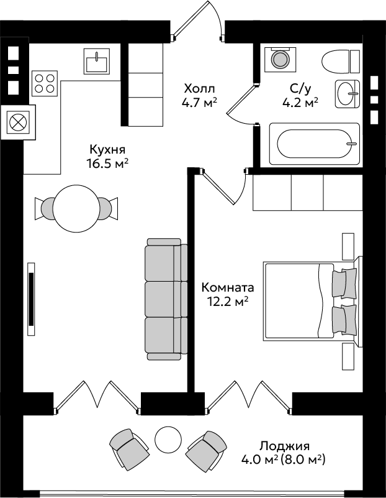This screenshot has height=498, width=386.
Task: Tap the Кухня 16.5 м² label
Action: tap(107, 156)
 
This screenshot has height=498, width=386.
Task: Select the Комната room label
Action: tap(228, 294)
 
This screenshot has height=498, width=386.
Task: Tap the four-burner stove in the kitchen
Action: tap(45, 83)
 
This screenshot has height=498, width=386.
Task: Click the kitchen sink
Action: tap(97, 62)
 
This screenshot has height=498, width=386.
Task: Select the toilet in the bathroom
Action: tap(341, 62)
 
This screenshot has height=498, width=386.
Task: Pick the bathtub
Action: tap(315, 144)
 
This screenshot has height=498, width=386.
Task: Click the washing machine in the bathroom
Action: tap(280, 60)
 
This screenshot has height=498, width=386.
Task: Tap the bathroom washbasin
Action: tap(348, 94)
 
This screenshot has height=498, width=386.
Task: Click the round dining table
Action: tap(76, 208)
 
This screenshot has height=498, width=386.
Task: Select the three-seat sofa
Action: tap(166, 299)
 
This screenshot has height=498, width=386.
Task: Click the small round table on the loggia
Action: tap(168, 438)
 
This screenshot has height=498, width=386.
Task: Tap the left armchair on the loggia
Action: tap(129, 450)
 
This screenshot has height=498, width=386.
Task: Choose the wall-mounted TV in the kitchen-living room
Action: tap(31, 299)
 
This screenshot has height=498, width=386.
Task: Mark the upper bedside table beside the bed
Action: tap(348, 246)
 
